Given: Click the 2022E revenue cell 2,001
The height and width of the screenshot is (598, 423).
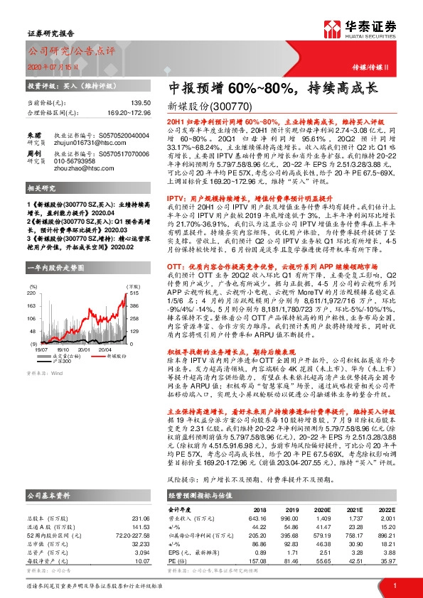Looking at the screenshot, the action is click(385, 518).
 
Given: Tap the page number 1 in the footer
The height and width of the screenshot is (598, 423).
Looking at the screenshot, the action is click(393, 585).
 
